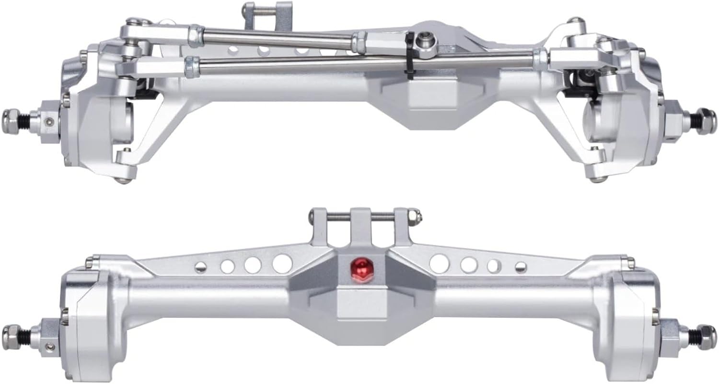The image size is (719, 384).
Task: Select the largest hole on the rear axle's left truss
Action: (x=282, y=264)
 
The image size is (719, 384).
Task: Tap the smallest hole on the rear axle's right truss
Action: (x=520, y=267)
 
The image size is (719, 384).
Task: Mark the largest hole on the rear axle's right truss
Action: (x=440, y=263)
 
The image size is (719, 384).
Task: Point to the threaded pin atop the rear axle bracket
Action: (x=364, y=216)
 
